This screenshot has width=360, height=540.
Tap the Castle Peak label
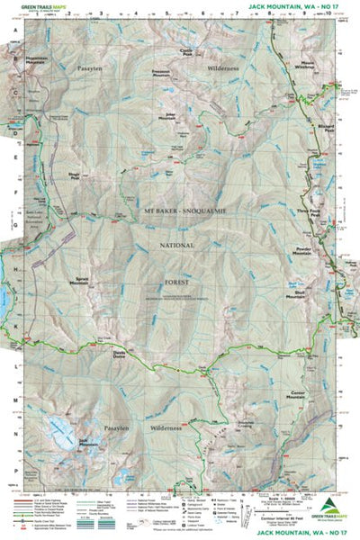[188, 53]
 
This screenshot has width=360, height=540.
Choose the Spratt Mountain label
[86, 282]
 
